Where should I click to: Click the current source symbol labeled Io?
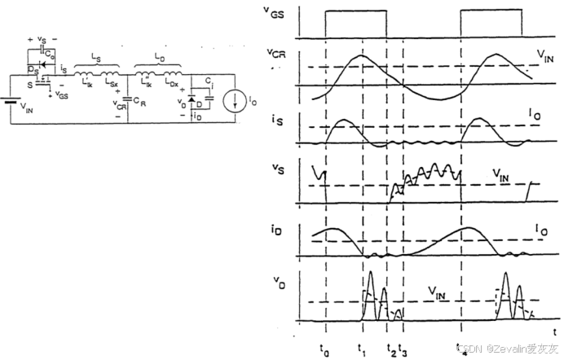232,101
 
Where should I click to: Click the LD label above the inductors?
160,61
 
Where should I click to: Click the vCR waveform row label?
277,55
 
